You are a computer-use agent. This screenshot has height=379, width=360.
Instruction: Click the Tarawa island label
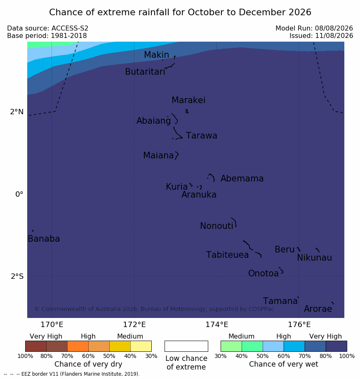[x=201, y=136]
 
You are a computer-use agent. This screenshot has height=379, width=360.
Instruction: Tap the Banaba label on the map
[x=44, y=239]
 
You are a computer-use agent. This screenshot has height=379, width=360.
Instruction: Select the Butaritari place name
[x=145, y=72]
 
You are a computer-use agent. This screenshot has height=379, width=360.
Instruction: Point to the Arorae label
[x=318, y=309]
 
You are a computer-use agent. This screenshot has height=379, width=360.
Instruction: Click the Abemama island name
[x=242, y=179]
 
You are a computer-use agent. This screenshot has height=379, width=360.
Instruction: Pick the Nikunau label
[x=314, y=258]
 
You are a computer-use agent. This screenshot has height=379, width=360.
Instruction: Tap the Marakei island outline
[x=187, y=111]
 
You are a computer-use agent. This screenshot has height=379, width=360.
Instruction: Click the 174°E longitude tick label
[x=217, y=325]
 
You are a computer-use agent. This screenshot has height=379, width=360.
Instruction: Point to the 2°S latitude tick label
[x=17, y=276]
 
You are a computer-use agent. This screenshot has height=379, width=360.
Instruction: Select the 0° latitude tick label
[x=19, y=194]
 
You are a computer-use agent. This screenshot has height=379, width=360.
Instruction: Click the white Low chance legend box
[x=186, y=346]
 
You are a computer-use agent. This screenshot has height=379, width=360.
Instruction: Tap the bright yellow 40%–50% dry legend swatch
[x=120, y=346]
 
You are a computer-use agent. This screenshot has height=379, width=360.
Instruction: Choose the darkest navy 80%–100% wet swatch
[x=336, y=346]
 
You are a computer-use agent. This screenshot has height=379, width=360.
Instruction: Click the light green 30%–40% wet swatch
[x=231, y=346]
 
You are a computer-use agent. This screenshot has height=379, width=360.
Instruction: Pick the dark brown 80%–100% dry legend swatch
[x=36, y=346]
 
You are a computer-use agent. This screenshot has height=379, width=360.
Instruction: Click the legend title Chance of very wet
[x=284, y=364]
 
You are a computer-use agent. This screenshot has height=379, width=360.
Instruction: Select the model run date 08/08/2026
[x=334, y=28]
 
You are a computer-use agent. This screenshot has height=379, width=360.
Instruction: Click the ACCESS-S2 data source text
[x=70, y=28]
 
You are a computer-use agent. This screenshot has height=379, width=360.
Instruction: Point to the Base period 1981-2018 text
[x=47, y=36]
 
